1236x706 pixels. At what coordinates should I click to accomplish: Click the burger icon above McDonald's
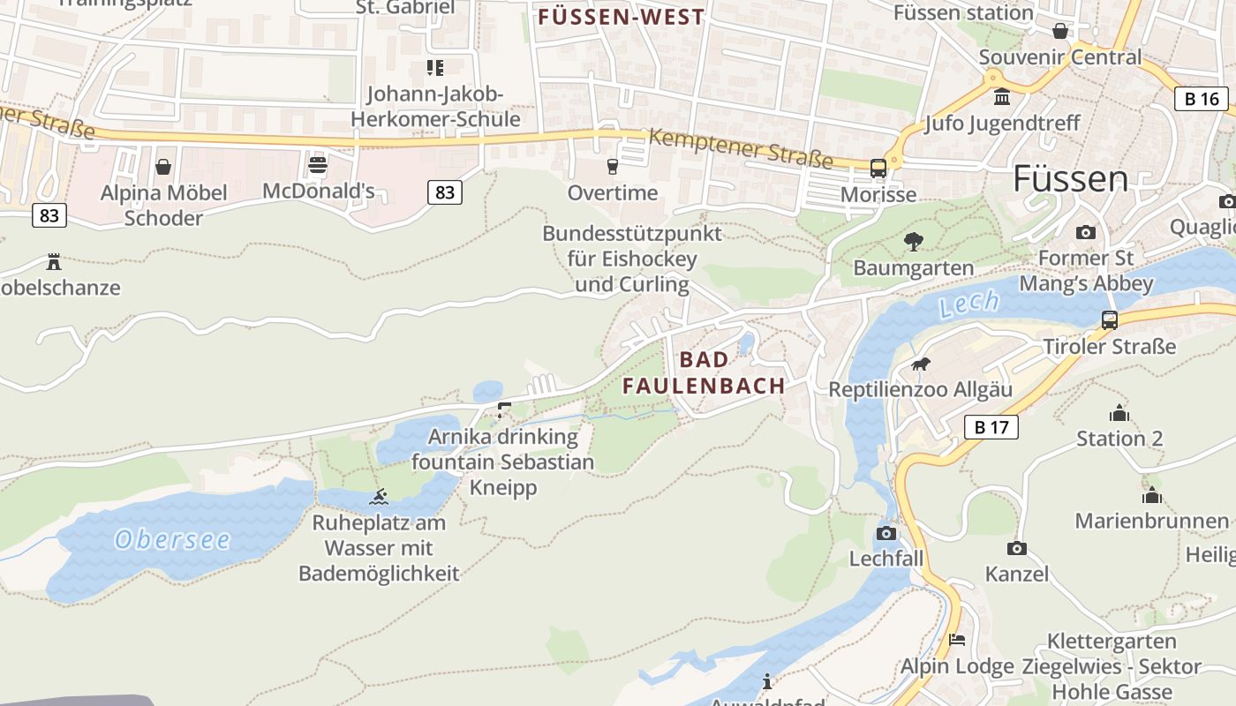318,165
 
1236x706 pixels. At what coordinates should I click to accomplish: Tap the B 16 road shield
1202,98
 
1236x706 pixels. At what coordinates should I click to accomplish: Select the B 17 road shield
991,427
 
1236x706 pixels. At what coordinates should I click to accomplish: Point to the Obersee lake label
172,539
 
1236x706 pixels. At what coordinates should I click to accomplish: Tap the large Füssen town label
1070,179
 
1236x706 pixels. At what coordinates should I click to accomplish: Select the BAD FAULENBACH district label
704,372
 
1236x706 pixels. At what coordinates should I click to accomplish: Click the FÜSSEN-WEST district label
622,17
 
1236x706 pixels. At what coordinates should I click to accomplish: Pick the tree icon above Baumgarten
914,241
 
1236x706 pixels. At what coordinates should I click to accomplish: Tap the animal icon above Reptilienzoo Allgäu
920,364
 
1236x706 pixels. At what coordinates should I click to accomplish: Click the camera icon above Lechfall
886,533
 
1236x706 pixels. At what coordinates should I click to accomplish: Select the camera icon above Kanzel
1016,548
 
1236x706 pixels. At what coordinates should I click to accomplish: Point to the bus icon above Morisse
878,169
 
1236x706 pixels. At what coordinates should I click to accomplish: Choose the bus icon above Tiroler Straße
1110,320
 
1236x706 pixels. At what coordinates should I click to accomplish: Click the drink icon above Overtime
612,167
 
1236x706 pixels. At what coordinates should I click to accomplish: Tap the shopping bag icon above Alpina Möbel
163,167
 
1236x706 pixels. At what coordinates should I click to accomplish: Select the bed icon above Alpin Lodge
957,641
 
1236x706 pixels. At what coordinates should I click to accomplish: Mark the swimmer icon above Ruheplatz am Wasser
379,497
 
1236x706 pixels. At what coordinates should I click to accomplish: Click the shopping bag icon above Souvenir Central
1060,32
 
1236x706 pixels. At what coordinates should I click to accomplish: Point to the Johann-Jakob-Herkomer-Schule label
435,106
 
